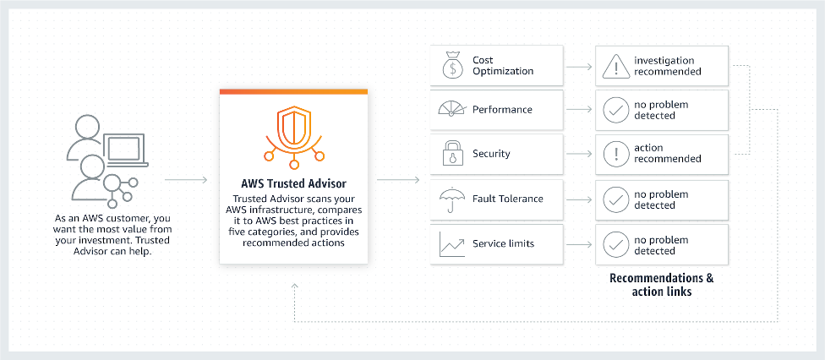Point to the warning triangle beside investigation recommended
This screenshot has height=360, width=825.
coord(615,66)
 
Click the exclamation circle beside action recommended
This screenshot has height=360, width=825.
coord(615,154)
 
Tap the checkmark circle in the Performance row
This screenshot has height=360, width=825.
coord(615,110)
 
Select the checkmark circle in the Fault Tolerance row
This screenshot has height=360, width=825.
coord(615,199)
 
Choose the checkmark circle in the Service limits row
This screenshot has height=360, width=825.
coord(615,244)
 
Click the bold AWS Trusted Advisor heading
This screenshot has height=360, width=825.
coord(293,183)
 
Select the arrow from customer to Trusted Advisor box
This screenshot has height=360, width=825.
coord(185,180)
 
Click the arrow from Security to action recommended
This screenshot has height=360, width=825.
coord(578,154)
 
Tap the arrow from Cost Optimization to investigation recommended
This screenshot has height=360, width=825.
coord(578,65)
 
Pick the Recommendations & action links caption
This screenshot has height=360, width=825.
coord(661,285)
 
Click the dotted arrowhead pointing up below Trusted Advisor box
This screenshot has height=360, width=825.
coord(293,286)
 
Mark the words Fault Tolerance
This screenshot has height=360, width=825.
coord(508,199)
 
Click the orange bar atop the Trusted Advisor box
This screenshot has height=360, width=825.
coord(293,91)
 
